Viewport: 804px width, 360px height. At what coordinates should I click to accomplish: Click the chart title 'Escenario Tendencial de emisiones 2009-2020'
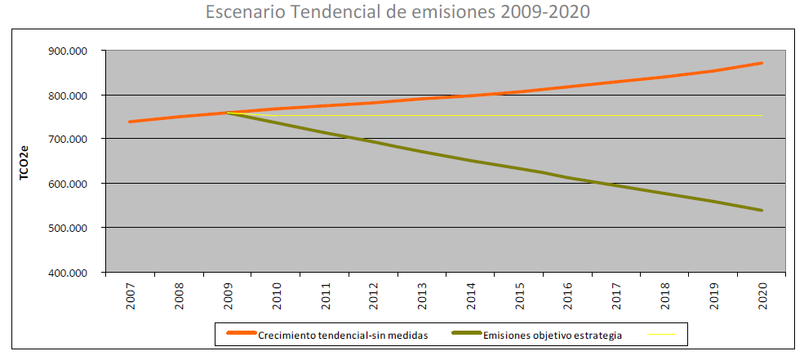398,14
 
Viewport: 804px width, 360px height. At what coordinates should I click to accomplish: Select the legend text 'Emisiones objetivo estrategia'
553,334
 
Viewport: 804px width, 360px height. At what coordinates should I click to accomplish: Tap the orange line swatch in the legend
240,334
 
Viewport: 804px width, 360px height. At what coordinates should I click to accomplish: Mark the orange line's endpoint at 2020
762,63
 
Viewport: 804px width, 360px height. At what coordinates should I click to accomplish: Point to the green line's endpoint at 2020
762,211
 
